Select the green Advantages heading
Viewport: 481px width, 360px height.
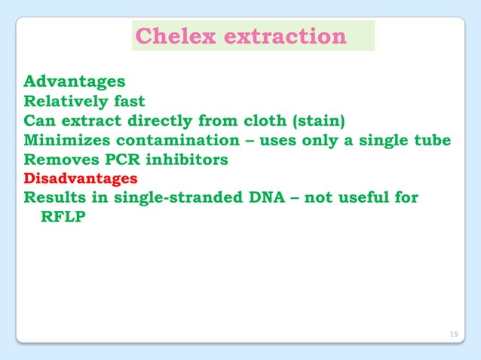tap(75, 81)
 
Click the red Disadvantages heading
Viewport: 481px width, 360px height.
tap(81, 179)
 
